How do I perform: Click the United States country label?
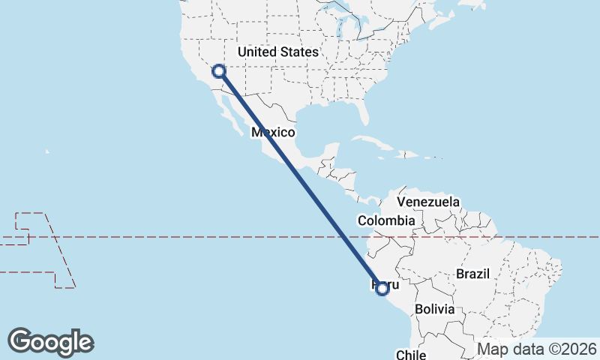277,52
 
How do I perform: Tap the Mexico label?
273,132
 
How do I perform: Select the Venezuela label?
427,202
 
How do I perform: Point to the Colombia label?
385,220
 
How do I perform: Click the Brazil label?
472,274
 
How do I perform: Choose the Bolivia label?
434,309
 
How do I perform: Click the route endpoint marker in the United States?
219,71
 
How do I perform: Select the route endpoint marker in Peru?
382,288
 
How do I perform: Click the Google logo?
50,342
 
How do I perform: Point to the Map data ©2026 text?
537,349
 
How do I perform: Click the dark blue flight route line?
300,180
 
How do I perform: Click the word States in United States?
298,52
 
